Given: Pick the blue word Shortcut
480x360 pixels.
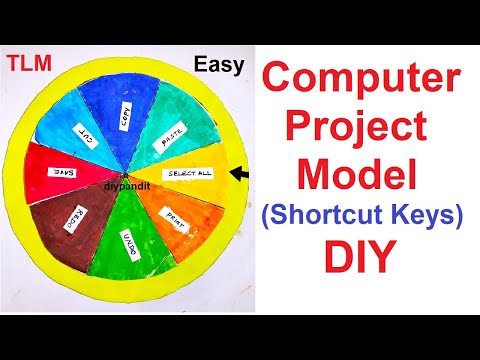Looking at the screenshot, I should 334,217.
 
